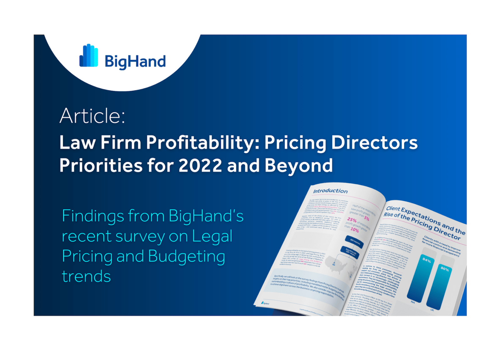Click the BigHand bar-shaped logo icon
89,56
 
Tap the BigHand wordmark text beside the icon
135,61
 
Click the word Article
92,116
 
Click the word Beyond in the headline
299,165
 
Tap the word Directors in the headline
374,142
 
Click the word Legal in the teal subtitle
212,236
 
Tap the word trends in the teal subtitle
86,276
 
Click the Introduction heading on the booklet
330,191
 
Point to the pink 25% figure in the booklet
352,220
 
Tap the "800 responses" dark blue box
354,242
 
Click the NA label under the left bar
413,302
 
